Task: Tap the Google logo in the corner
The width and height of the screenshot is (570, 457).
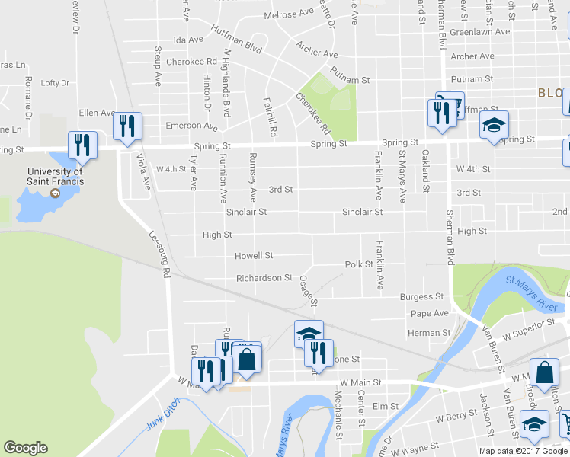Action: coord(26,448)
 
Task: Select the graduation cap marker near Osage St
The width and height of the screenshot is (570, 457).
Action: coord(309,334)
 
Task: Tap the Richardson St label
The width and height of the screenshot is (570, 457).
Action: coord(264,278)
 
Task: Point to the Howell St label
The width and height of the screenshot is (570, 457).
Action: coord(254,256)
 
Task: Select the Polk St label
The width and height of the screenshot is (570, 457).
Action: coord(358,264)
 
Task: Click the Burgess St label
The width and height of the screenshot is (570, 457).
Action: coord(427,296)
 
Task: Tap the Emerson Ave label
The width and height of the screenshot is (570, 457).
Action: coord(194,126)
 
